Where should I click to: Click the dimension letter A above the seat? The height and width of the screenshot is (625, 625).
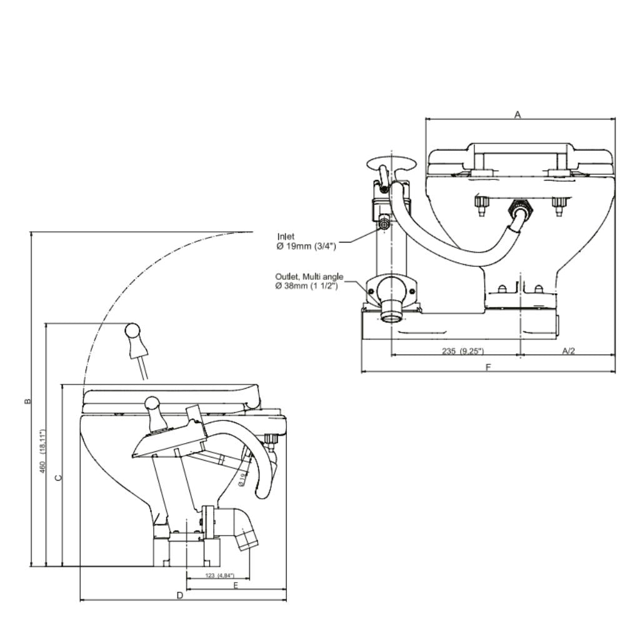(x=517, y=114)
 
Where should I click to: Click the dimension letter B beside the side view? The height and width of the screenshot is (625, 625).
(x=27, y=401)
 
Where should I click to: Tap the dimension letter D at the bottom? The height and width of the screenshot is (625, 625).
(x=179, y=595)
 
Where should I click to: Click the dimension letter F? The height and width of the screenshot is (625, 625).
(x=488, y=367)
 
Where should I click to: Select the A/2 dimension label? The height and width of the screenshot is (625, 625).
(x=567, y=351)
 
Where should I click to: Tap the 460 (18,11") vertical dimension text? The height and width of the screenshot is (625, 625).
(x=42, y=450)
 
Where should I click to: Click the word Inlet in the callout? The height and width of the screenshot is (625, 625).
(x=286, y=237)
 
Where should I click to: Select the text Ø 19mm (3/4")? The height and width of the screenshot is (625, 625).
(x=306, y=246)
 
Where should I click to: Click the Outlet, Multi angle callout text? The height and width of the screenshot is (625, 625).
(x=309, y=277)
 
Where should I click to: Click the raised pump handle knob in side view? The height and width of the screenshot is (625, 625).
(x=133, y=331)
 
